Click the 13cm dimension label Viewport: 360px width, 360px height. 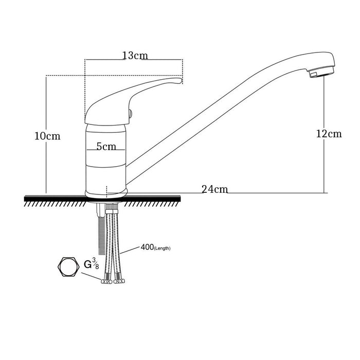pos(134,56)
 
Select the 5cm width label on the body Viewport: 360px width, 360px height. pos(105,147)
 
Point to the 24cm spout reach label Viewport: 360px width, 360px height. pos(214,189)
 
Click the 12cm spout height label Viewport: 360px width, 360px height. pos(329,134)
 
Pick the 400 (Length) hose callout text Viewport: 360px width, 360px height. pos(155,248)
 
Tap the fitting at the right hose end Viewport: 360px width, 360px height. pos(119,281)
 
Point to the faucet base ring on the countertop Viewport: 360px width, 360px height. pos(105,193)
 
